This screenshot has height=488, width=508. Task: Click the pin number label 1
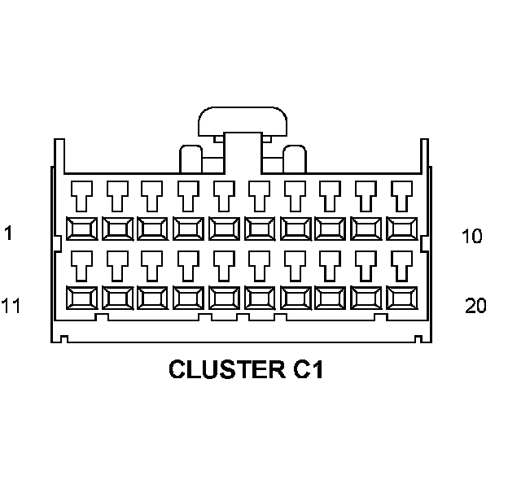click(x=8, y=233)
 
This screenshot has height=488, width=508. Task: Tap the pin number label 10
click(x=471, y=237)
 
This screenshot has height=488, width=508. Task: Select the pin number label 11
click(x=11, y=306)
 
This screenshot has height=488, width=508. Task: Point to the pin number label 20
click(x=475, y=306)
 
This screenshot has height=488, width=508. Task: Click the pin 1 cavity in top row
click(x=81, y=228)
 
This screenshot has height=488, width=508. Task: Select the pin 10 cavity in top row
click(x=401, y=228)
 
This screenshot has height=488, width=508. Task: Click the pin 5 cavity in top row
click(x=224, y=228)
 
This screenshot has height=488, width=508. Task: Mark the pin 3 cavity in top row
click(x=152, y=228)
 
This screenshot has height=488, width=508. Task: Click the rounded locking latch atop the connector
click(x=243, y=122)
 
